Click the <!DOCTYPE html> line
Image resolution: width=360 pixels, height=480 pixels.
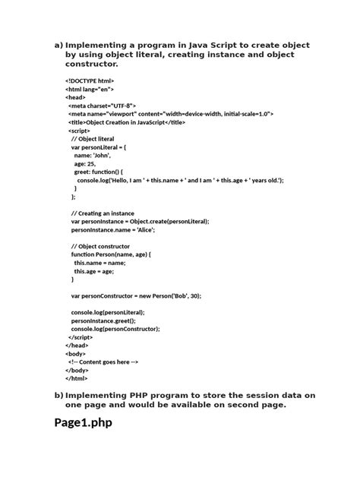(90, 81)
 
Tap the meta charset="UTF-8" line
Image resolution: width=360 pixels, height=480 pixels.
(102, 106)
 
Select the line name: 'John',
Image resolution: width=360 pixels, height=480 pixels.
(93, 155)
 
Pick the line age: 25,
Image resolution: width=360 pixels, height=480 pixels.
(84, 163)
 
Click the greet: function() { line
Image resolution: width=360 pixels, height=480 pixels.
(103, 172)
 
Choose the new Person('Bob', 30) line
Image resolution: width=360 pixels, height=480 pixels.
(136, 295)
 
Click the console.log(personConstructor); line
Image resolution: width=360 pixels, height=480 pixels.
(115, 329)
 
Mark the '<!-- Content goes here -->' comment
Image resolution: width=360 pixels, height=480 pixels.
(103, 362)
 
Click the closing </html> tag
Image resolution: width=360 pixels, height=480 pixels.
(76, 378)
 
